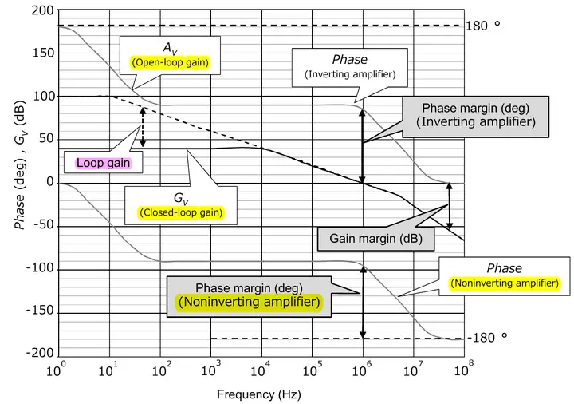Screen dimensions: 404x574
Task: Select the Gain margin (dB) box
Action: coord(370,238)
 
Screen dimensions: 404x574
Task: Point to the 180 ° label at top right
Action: coord(483,26)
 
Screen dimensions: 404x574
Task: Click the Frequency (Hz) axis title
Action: coord(259,394)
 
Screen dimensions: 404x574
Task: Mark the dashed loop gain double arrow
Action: coord(143,127)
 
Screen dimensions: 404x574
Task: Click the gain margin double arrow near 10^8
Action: coord(450,206)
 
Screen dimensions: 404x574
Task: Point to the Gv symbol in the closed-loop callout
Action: coord(181,196)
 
